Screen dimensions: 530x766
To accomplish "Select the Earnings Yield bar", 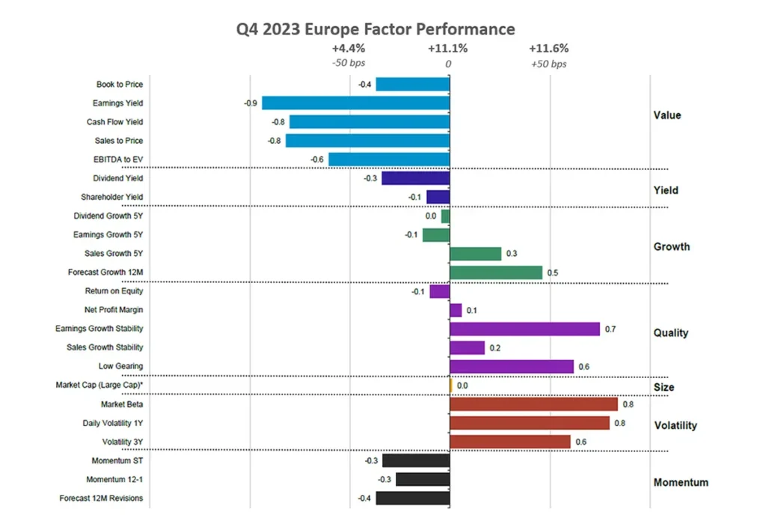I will (x=355, y=103).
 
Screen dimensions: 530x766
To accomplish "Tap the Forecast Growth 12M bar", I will (x=496, y=272).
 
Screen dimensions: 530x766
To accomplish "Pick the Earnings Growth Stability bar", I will (x=524, y=329).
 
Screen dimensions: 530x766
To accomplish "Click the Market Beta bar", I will (x=533, y=404).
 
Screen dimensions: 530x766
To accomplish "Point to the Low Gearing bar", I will (x=512, y=366).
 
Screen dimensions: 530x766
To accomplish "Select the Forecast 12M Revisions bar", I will (x=412, y=498).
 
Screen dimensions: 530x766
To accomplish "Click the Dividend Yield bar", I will (x=415, y=178).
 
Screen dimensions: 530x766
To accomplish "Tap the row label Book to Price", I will (x=120, y=85).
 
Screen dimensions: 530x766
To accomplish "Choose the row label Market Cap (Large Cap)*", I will (x=99, y=385).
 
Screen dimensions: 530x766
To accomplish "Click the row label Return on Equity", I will (x=114, y=291).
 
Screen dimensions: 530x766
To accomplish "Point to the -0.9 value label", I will (x=251, y=103).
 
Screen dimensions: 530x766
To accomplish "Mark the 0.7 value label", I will (x=610, y=329).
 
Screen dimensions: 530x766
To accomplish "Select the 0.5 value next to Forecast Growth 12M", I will (x=552, y=272).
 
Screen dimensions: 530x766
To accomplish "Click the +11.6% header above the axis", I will (x=548, y=49).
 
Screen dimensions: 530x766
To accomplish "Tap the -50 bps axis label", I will (x=349, y=64).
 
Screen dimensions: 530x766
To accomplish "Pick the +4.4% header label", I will (x=349, y=49).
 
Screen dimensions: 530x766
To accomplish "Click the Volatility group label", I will (x=675, y=425).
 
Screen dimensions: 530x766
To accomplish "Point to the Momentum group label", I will (x=681, y=482).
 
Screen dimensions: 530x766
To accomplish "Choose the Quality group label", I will (x=671, y=332).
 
